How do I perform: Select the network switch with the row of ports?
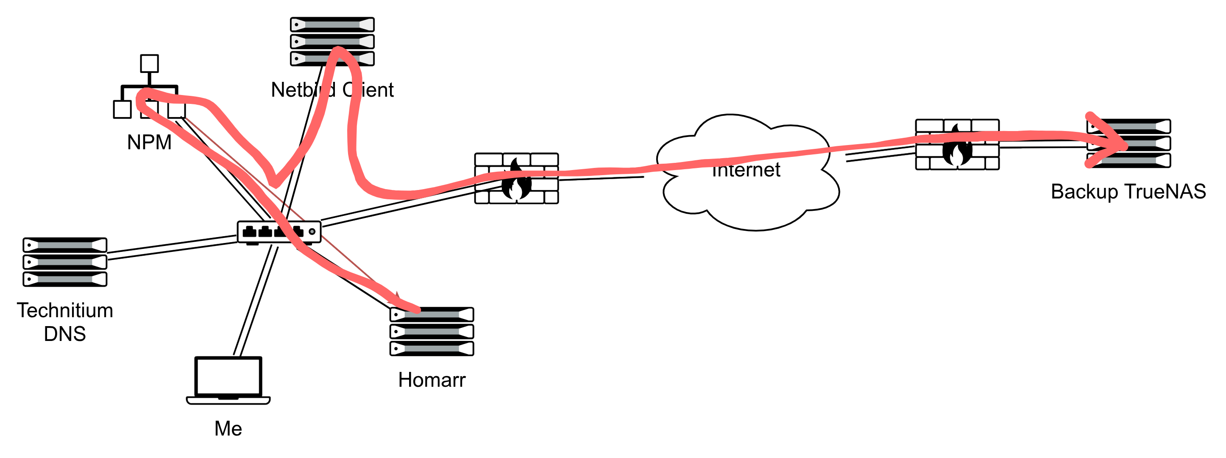279,232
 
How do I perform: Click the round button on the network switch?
312,232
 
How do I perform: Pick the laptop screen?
228,376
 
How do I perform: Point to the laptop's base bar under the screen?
228,400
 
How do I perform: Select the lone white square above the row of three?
150,63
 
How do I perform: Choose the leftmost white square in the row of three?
123,109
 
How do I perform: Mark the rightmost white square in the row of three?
177,109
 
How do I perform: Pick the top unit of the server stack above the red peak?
332,24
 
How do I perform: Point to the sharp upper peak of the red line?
338,50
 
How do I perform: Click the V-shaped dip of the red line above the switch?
275,184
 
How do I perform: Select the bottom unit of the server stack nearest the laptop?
432,349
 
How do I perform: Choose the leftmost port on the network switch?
249,232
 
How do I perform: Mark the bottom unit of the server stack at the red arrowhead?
1129,160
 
